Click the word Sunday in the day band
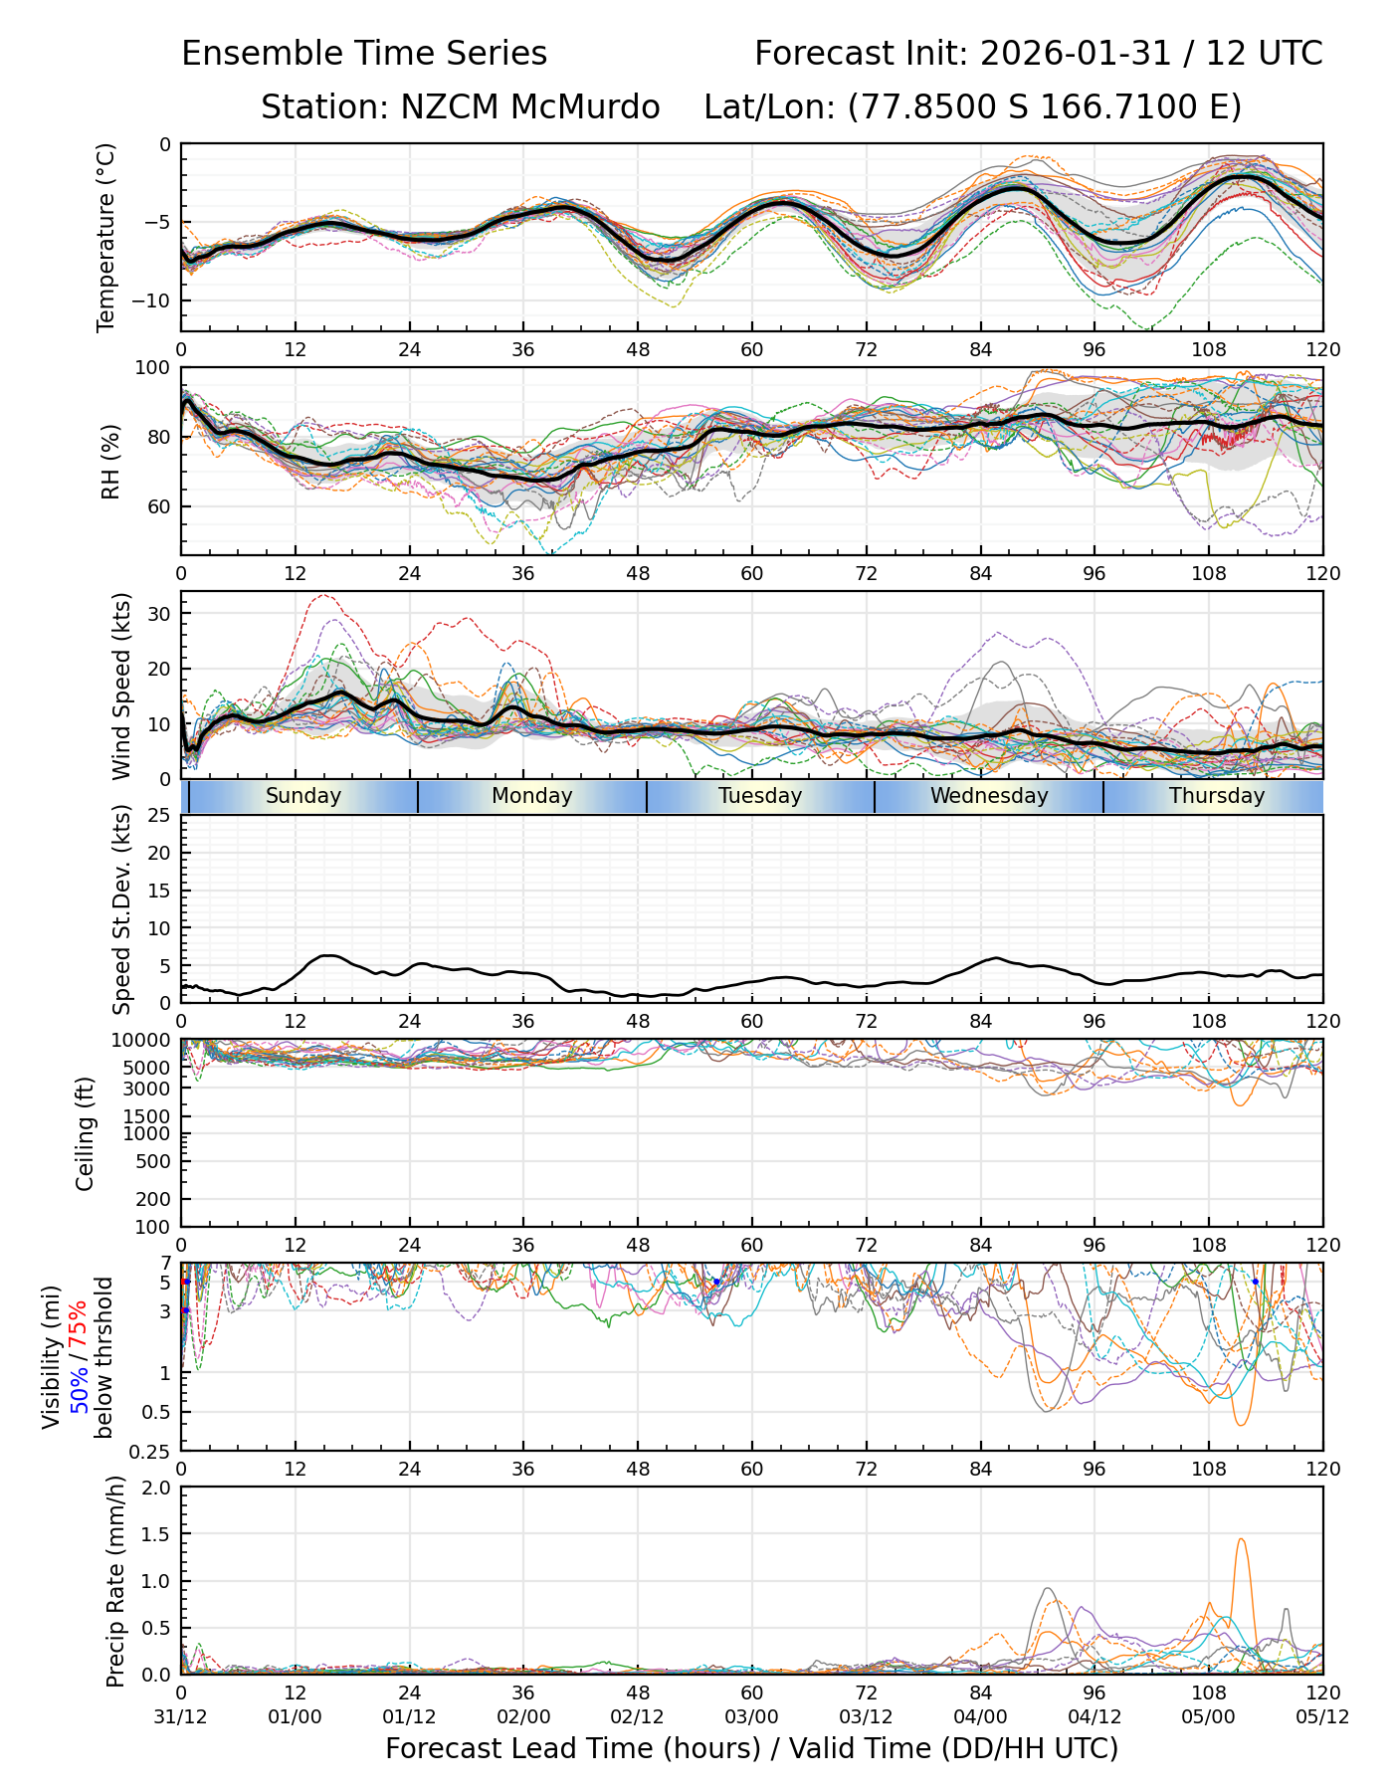coord(303,796)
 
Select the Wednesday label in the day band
coord(989,796)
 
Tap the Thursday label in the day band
coord(1217,796)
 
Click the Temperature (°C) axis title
coord(106,237)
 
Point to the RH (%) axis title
coord(109,461)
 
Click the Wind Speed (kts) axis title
coord(121,686)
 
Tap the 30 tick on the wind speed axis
coord(160,614)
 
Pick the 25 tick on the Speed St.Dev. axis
coord(160,816)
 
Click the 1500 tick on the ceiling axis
coord(151,1116)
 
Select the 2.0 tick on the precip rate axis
coord(156,1489)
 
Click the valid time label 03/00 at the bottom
coord(751,1716)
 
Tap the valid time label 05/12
coord(1322,1716)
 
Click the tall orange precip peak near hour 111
coord(1241,1540)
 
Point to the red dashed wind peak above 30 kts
coord(323,596)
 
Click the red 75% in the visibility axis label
coord(79,1331)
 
